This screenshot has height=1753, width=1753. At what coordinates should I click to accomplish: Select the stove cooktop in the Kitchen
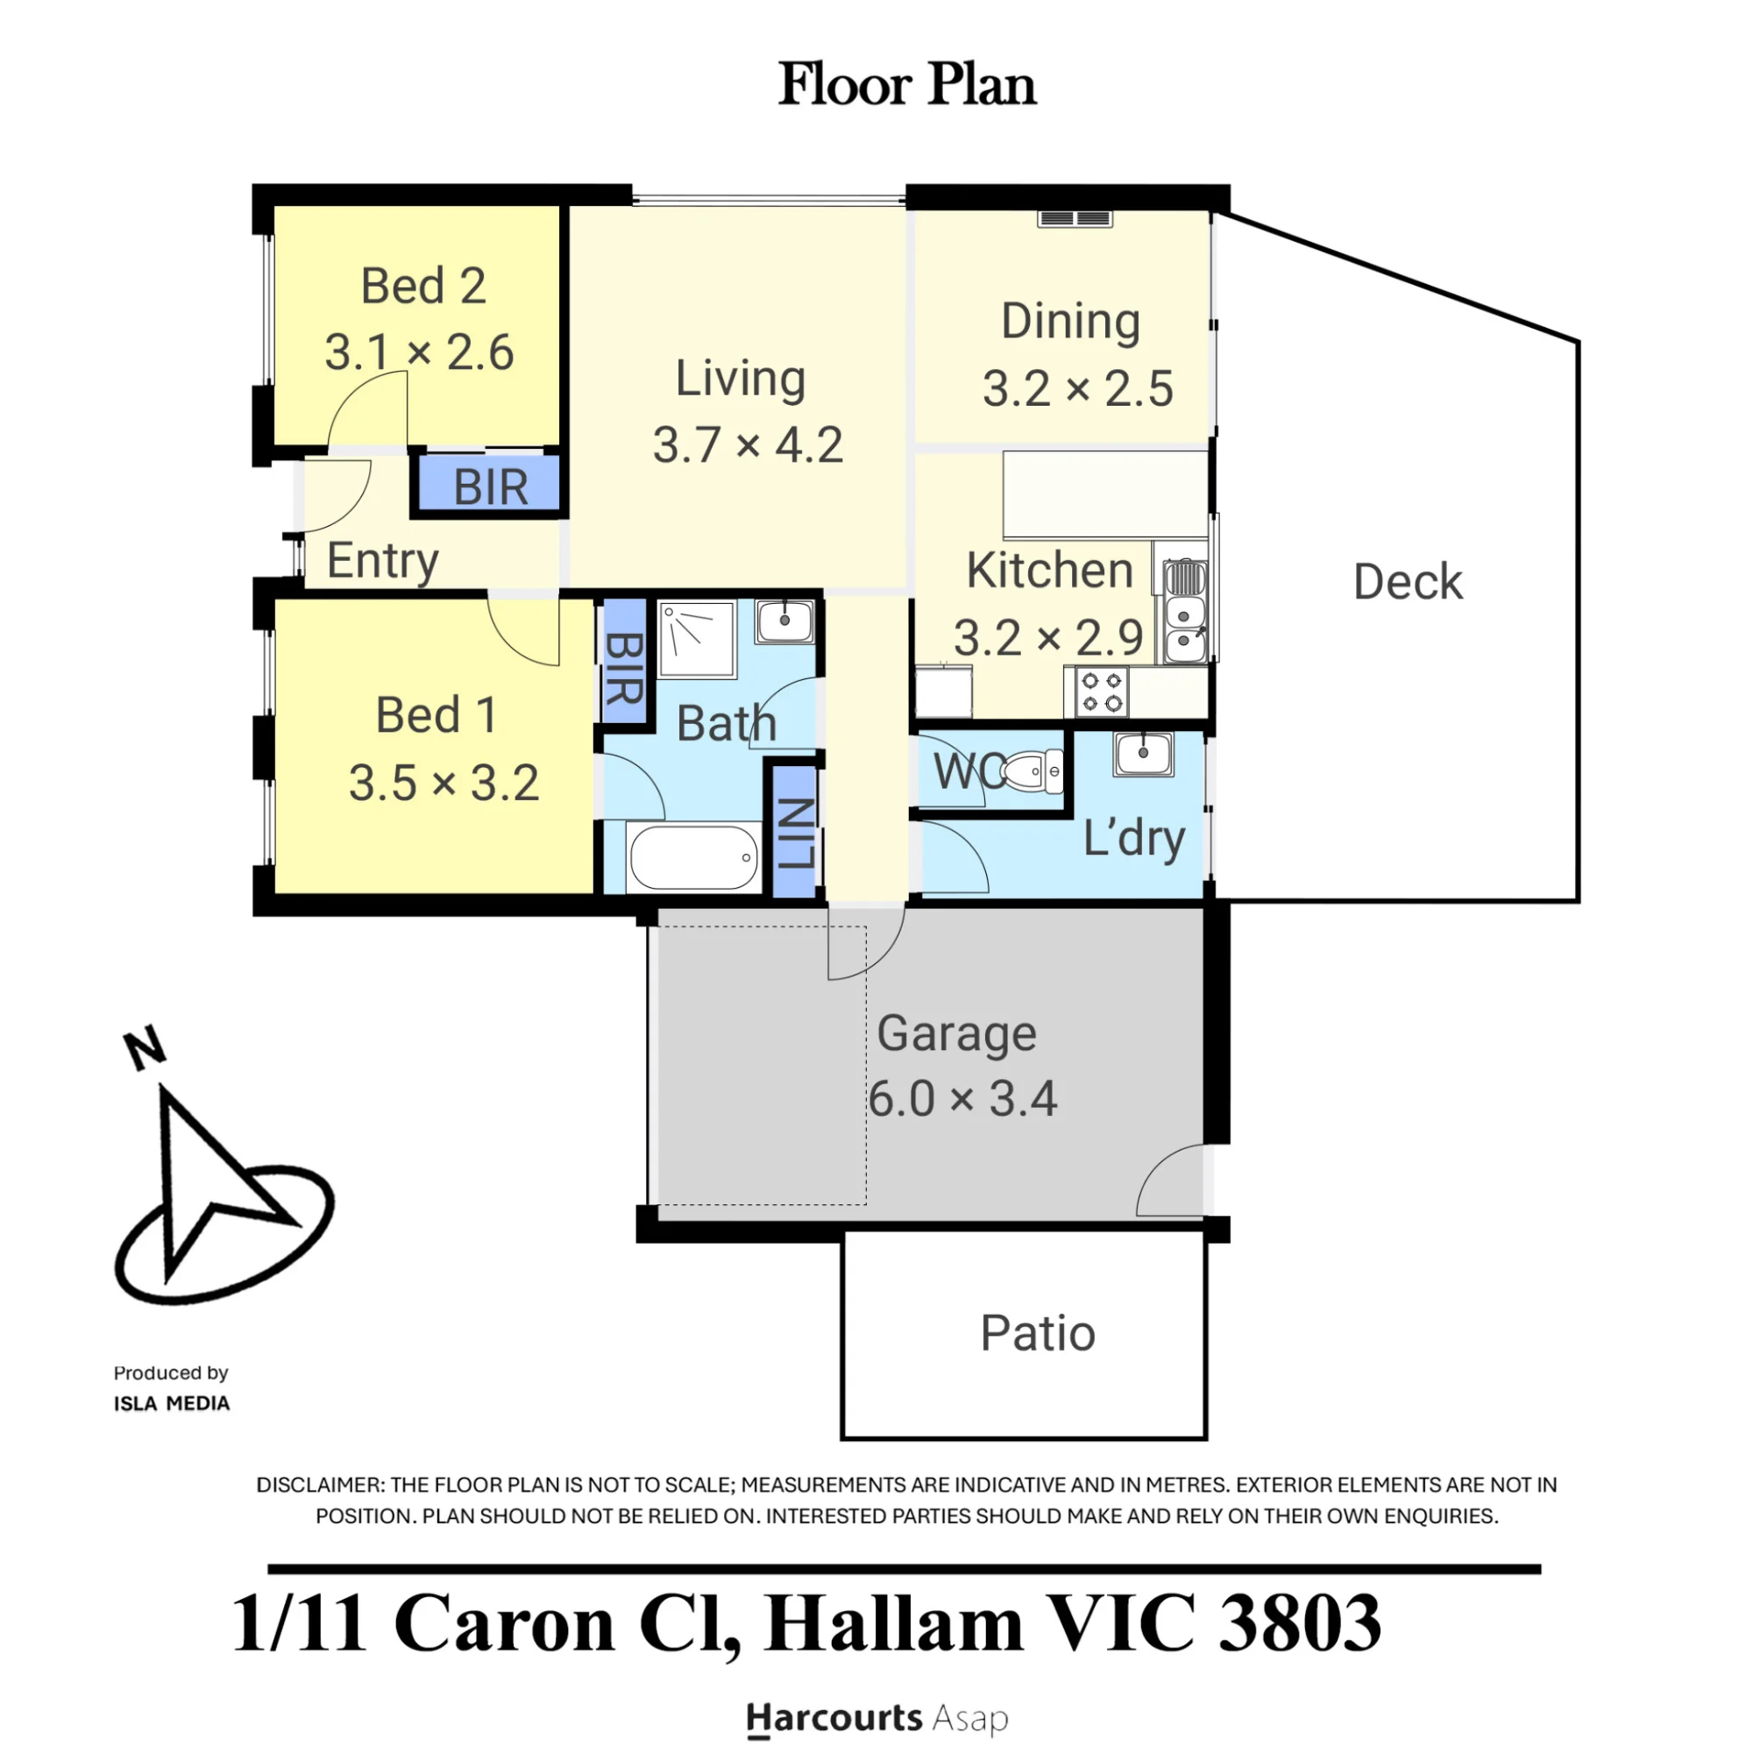[x=1103, y=692]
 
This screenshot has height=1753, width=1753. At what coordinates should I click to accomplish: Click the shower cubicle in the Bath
[x=696, y=639]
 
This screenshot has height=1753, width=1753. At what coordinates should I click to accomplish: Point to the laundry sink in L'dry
[x=1143, y=753]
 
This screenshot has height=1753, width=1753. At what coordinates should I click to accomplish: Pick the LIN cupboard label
[x=797, y=834]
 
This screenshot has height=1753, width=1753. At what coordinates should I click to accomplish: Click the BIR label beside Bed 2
[x=491, y=487]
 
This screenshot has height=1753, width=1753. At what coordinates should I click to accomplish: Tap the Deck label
[x=1409, y=582]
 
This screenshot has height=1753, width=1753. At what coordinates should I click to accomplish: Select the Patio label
[x=1038, y=1334]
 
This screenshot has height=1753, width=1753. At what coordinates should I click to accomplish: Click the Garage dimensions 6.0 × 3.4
[x=962, y=1100]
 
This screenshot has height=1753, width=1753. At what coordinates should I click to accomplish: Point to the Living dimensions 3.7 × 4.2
[x=748, y=445]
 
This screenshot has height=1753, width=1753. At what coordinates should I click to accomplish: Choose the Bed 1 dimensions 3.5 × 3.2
[x=444, y=783]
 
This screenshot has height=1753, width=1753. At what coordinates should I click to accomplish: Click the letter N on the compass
[x=145, y=1048]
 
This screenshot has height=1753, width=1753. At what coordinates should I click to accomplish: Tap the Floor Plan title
[x=907, y=84]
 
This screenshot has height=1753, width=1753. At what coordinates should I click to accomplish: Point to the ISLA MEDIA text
[x=172, y=1403]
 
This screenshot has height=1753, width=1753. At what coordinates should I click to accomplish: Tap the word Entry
[x=383, y=561]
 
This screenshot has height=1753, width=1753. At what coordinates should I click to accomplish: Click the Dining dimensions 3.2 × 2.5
[x=1078, y=389]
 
